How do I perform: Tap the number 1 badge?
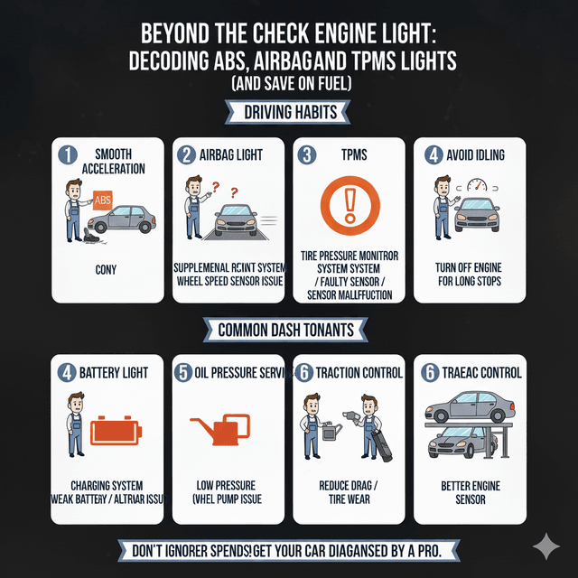(67, 155)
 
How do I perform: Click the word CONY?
(107, 268)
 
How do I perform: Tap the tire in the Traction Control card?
(378, 442)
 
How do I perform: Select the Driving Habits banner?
(288, 112)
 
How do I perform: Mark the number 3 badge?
(308, 155)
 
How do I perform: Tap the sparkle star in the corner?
(545, 546)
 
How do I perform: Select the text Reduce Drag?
(347, 485)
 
